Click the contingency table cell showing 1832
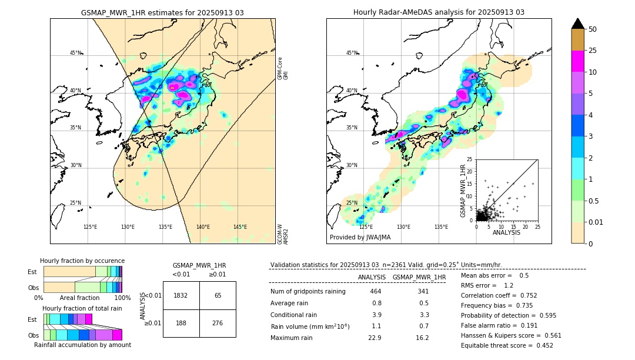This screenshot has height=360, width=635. (x=181, y=295)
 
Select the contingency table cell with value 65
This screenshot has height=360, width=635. (x=218, y=295)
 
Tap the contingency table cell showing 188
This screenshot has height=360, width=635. (x=181, y=323)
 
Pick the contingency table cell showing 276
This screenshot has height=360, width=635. (x=218, y=323)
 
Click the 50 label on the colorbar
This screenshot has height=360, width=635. (x=593, y=29)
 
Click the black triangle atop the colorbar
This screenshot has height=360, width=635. (x=578, y=24)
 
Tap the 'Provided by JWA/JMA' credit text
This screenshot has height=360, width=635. (x=360, y=237)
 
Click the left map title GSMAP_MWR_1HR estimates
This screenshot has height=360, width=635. (x=162, y=12)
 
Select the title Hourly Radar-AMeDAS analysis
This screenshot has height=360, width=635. (x=439, y=12)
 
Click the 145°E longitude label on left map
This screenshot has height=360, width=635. (x=240, y=227)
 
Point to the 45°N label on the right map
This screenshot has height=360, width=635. (x=352, y=53)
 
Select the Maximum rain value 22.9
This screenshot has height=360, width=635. (x=376, y=338)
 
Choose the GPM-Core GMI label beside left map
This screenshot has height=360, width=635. (x=280, y=68)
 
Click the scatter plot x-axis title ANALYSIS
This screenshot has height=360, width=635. (x=506, y=232)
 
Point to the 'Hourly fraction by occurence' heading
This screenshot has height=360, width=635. (x=82, y=261)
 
